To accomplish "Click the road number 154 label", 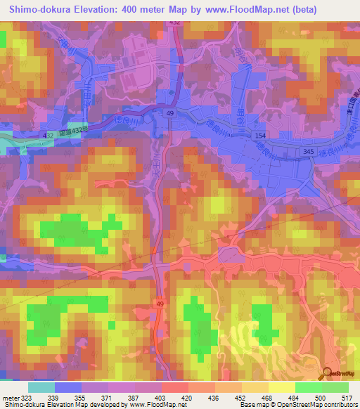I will click(261, 134).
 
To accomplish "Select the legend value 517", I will click(347, 398).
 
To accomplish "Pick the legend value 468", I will click(266, 398).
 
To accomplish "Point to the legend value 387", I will click(131, 398).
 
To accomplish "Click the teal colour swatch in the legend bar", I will click(41, 387).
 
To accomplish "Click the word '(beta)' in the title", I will click(304, 10).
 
